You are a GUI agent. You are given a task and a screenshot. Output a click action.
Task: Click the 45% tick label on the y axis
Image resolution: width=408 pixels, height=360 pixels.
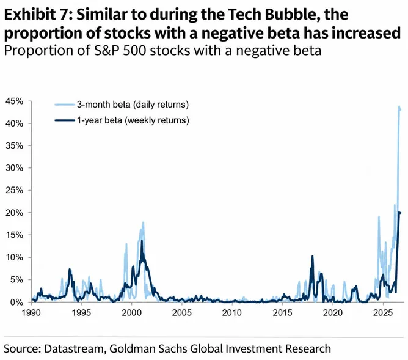coord(14,101)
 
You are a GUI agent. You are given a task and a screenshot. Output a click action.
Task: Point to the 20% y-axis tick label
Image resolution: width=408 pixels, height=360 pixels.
coord(14,213)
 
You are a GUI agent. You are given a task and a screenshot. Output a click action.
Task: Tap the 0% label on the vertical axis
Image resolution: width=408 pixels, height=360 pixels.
coord(16,302)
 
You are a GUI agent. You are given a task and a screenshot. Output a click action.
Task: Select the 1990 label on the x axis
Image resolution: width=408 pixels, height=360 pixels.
coord(31,312)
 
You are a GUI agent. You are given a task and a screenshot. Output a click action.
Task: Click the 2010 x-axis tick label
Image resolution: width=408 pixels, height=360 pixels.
coord(232,312)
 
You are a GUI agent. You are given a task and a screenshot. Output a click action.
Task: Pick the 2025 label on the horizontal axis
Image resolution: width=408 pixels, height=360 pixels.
coord(382,312)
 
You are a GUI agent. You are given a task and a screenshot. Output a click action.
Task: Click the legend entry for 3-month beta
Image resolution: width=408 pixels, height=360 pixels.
coord(122,105)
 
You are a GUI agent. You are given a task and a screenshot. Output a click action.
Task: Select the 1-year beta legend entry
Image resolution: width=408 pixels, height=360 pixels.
coord(122,120)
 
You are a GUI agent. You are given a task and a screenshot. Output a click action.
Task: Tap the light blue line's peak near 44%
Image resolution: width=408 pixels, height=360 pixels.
coord(399,106)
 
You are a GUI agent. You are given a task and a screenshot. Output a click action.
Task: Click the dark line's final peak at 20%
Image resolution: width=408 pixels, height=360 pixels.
coord(399,213)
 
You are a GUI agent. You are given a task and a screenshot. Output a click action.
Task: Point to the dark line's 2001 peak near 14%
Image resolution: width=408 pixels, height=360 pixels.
coord(142,240)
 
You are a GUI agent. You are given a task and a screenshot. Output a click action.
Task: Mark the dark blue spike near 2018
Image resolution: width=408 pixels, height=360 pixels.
coord(312,256)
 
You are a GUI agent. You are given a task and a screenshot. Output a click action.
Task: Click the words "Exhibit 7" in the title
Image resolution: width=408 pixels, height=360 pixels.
coord(37,14)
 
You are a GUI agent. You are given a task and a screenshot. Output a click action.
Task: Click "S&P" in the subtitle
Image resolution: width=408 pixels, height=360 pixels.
coord(107,51)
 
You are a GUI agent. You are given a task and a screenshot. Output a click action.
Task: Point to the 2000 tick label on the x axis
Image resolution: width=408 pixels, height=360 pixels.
coord(132,312)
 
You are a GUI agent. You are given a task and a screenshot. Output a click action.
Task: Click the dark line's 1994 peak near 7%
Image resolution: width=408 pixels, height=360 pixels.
coord(70,270)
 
